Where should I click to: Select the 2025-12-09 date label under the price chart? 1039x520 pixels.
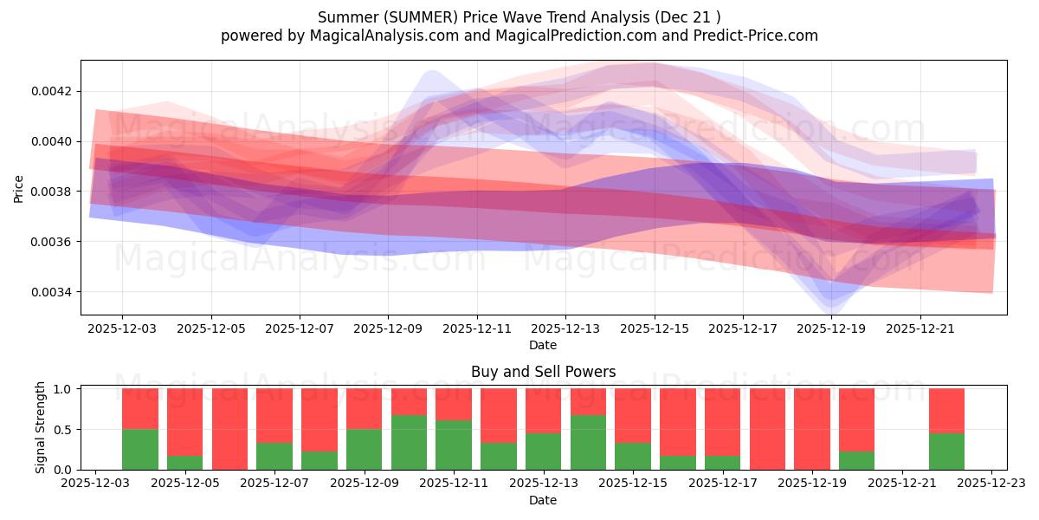point(388,329)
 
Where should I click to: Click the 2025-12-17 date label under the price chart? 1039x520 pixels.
point(743,329)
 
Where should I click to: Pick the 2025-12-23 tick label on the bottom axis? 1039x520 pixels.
point(991,484)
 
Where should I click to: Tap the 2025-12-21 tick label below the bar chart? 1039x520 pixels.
point(902,484)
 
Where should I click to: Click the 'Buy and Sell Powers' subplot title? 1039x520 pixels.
point(543,372)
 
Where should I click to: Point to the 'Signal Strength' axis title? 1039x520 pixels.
point(41,427)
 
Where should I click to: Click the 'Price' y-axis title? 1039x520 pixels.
point(19,187)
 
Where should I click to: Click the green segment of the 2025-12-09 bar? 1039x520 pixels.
point(365,449)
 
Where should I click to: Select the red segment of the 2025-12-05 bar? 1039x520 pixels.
point(185,421)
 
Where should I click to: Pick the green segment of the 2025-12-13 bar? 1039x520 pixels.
point(543,451)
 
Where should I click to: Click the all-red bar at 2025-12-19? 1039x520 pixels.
point(811,429)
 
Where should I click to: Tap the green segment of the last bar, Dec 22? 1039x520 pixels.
point(946,451)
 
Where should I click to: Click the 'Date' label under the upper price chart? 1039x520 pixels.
point(543,345)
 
